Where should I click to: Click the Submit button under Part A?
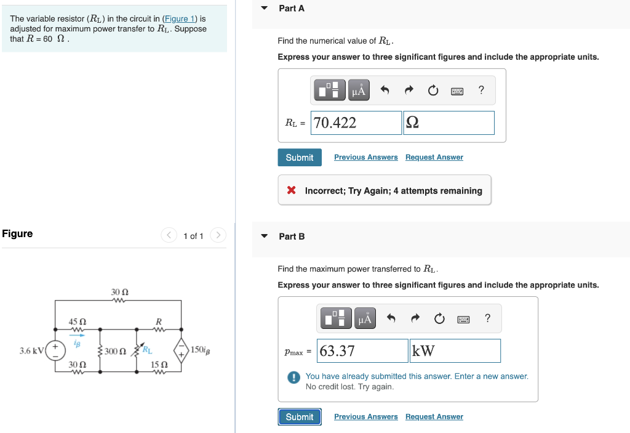coord(299,158)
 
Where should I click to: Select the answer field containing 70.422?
coord(356,123)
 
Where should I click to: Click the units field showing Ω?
coord(449,123)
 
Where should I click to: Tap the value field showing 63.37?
coord(362,351)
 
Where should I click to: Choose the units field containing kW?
coord(455,351)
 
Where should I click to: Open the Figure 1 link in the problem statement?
coord(175,18)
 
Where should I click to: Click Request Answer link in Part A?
coord(434,158)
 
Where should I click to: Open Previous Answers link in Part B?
coord(365,417)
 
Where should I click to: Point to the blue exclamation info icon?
coord(295,377)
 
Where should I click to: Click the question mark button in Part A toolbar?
coord(481,91)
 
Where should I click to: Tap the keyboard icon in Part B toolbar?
coord(463,319)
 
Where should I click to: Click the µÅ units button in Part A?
coord(359,91)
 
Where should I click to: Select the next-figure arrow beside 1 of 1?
coord(218,236)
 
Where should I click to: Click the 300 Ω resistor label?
coord(115,352)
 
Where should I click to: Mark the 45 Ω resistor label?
coord(77,322)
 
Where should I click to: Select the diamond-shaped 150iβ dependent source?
coord(181,350)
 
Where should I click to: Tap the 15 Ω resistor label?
coord(158,365)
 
